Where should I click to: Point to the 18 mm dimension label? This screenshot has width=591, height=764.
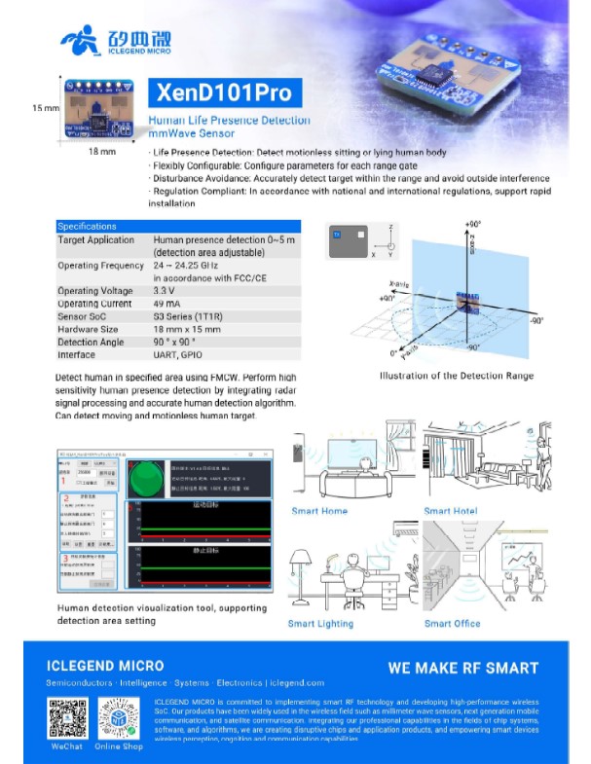pyautogui.click(x=101, y=153)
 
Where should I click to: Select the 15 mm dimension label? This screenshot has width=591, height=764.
pyautogui.click(x=46, y=107)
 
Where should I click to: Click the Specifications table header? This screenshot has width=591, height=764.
pyautogui.click(x=87, y=226)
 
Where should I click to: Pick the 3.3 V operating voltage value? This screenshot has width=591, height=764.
pyautogui.click(x=165, y=291)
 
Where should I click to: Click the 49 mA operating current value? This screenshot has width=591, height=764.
pyautogui.click(x=166, y=304)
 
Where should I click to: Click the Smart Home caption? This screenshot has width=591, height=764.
pyautogui.click(x=319, y=511)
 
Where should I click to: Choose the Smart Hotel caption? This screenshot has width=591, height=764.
pyautogui.click(x=451, y=511)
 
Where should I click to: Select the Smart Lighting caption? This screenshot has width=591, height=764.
pyautogui.click(x=321, y=624)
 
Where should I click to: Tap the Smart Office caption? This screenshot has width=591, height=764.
pyautogui.click(x=453, y=624)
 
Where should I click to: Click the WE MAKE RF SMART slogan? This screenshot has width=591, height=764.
pyautogui.click(x=462, y=669)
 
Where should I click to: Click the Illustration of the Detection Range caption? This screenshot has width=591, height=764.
pyautogui.click(x=457, y=376)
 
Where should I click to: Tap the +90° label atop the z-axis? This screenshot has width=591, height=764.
pyautogui.click(x=475, y=223)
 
